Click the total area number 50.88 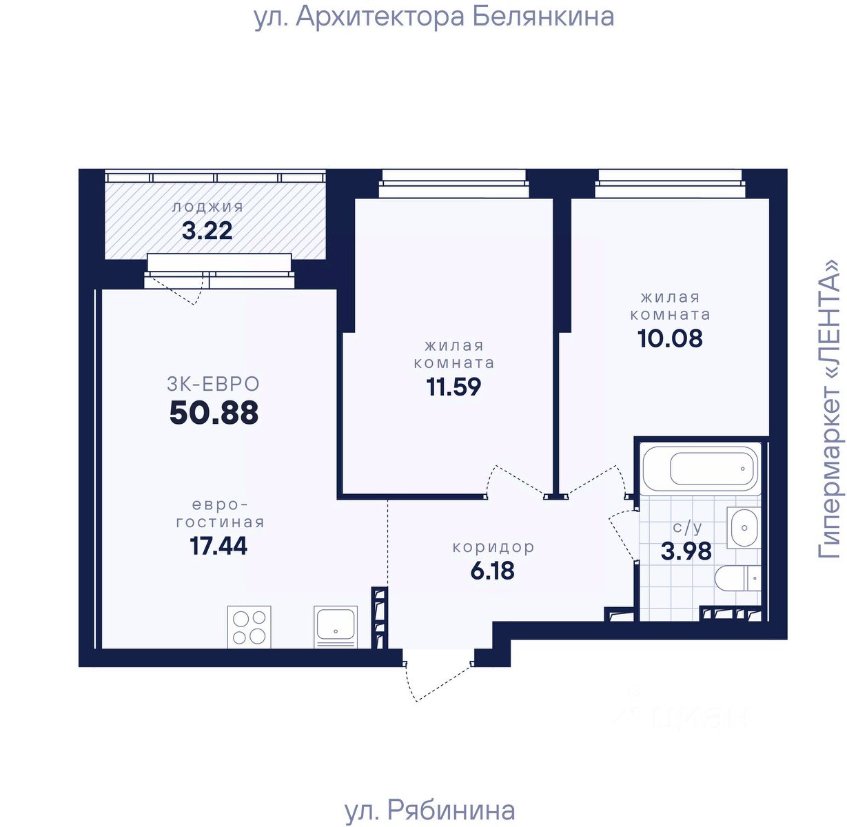click(x=214, y=413)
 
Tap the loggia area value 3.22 click(x=207, y=231)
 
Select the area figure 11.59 click(x=453, y=387)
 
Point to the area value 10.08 click(x=670, y=338)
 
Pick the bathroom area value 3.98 click(x=686, y=551)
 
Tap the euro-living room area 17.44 click(x=218, y=546)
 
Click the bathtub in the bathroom click(x=702, y=469)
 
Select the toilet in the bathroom click(x=737, y=578)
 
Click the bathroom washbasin click(x=744, y=528)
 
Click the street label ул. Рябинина click(x=430, y=810)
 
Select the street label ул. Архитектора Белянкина click(x=434, y=17)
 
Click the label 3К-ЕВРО click(x=213, y=384)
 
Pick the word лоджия click(x=207, y=207)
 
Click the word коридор click(x=493, y=547)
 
